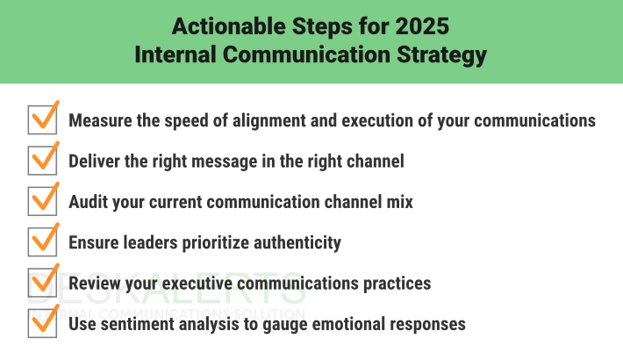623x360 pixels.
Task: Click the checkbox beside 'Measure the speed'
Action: click(42, 120)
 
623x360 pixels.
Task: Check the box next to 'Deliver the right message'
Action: click(42, 161)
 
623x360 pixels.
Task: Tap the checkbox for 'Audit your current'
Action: click(42, 201)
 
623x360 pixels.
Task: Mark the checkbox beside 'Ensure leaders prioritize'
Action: click(42, 242)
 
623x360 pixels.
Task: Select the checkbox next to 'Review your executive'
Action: click(42, 283)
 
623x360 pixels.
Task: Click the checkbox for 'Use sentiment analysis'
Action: click(42, 323)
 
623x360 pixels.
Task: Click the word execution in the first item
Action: click(369, 120)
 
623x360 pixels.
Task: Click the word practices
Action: click(392, 283)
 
